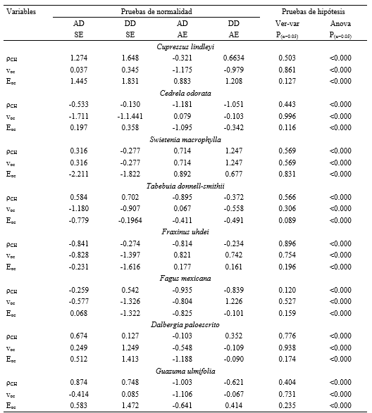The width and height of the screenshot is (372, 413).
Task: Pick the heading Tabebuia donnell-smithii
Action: [185, 186]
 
